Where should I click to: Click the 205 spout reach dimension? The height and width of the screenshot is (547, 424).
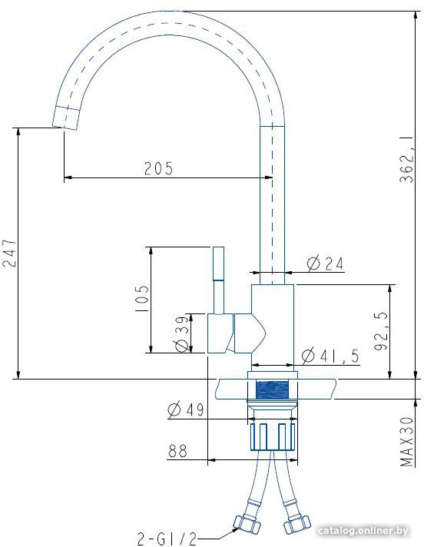(159, 168)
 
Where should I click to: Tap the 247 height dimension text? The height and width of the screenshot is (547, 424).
(10, 253)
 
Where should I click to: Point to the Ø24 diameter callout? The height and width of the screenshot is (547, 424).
(325, 264)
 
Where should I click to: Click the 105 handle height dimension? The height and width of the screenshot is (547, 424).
(142, 299)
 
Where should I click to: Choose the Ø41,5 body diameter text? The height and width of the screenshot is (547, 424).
(330, 356)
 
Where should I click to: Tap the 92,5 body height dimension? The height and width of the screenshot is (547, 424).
(381, 331)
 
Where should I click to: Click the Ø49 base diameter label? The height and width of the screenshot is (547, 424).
(186, 409)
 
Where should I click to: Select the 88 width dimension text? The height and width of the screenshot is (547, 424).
(178, 450)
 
